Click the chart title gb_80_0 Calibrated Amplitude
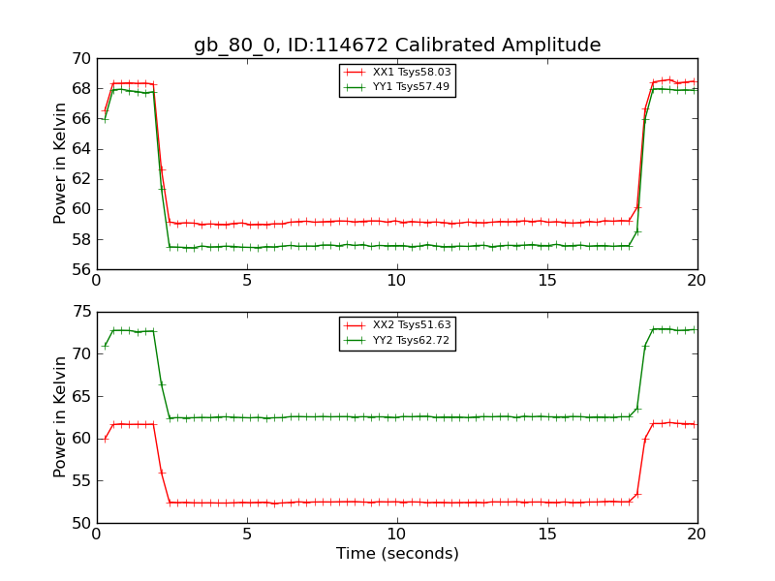pos(397,45)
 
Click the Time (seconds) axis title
pos(397,554)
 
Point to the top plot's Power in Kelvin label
pos(61,164)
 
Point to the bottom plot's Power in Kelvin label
pos(61,416)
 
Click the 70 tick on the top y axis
pos(80,59)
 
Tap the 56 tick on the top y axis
pos(80,269)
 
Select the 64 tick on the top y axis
pos(80,149)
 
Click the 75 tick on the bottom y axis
pos(80,312)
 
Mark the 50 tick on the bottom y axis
pos(80,523)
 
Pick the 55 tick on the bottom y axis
pos(80,481)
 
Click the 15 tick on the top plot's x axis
pos(547,281)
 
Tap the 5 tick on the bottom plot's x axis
pos(247,535)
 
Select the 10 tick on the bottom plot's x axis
pos(397,535)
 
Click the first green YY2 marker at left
pos(105,346)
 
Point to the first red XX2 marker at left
pos(105,439)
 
